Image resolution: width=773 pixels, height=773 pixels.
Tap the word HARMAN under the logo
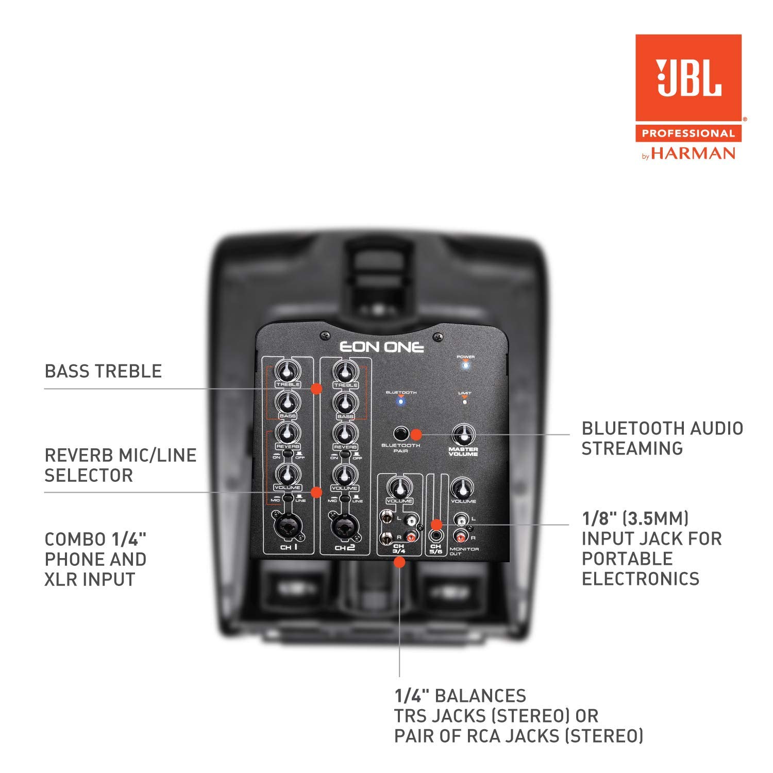click(x=693, y=153)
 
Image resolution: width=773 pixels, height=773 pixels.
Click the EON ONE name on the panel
click(x=381, y=347)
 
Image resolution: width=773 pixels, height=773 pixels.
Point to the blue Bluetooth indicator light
click(x=401, y=401)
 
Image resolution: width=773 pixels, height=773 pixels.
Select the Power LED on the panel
click(x=466, y=365)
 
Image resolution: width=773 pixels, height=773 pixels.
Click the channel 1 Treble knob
click(x=288, y=371)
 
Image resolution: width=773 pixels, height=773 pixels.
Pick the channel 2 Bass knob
click(x=345, y=402)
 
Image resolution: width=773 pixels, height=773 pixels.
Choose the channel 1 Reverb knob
click(x=288, y=433)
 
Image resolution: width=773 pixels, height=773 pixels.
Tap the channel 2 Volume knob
click(x=345, y=474)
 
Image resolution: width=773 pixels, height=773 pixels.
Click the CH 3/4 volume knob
click(x=399, y=487)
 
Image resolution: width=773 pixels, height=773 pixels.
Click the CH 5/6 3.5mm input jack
click(x=436, y=536)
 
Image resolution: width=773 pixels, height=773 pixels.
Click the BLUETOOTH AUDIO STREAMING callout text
click(x=662, y=438)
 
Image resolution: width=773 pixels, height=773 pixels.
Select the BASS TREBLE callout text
click(x=103, y=371)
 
